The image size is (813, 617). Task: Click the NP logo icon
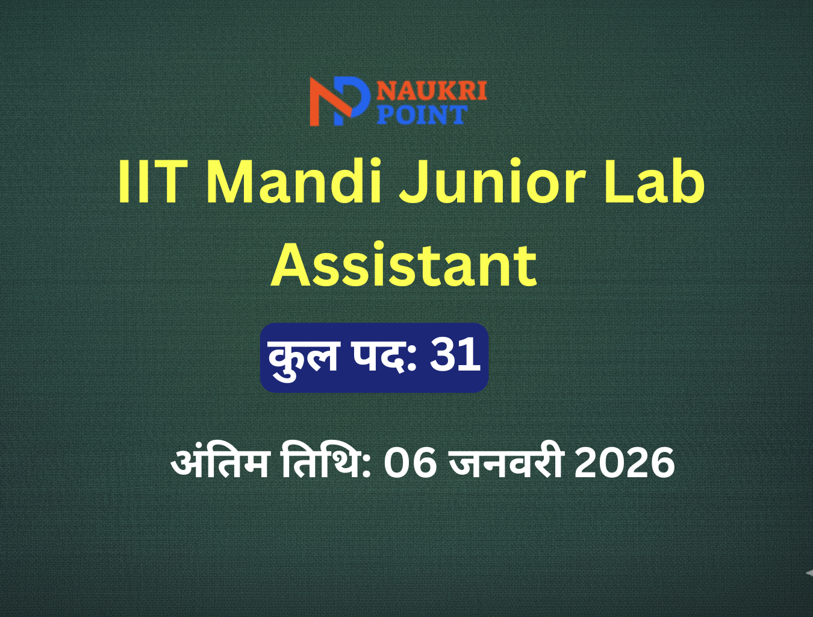click(340, 101)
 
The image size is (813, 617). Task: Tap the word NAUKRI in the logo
click(432, 91)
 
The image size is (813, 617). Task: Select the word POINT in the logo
click(422, 114)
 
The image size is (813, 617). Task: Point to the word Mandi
click(295, 181)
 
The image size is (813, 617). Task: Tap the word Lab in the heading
click(655, 181)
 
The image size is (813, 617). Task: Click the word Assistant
click(403, 265)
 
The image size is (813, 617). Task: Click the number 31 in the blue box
click(455, 355)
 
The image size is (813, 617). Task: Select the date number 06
click(410, 463)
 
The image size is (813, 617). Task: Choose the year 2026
click(625, 463)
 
